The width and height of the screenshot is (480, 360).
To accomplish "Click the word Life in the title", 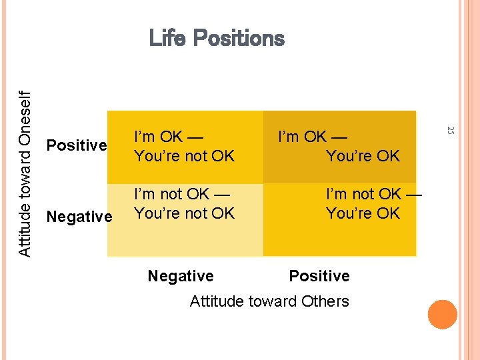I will point(167,38).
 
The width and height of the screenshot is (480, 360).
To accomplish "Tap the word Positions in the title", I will point(238,39).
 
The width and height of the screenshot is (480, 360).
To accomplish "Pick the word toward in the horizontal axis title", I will point(271,301).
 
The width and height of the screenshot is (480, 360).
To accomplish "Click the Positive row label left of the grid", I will point(77,145).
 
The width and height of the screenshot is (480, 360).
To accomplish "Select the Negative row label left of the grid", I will point(79,217).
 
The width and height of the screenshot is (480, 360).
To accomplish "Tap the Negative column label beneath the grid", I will point(181,276).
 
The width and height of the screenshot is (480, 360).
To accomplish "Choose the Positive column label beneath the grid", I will point(319,276).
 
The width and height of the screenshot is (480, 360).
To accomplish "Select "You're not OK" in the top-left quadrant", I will point(185,156).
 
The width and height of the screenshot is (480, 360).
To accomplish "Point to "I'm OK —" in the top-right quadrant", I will point(313,137).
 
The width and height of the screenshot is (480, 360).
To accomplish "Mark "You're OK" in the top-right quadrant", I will point(363,156).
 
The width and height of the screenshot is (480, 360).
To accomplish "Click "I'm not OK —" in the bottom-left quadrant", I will point(182,194).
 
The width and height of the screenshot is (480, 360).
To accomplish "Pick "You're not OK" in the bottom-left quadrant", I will point(185,213).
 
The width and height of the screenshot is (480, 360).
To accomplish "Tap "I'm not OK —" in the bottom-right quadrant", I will point(373,194).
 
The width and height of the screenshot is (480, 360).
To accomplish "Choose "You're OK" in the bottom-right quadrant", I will point(363,213).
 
